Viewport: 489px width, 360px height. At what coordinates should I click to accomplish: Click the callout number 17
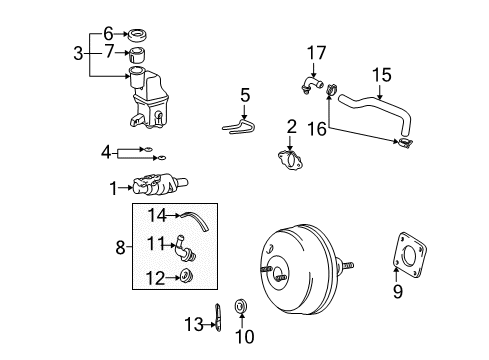317,51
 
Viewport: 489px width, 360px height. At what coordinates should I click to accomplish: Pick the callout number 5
245,96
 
